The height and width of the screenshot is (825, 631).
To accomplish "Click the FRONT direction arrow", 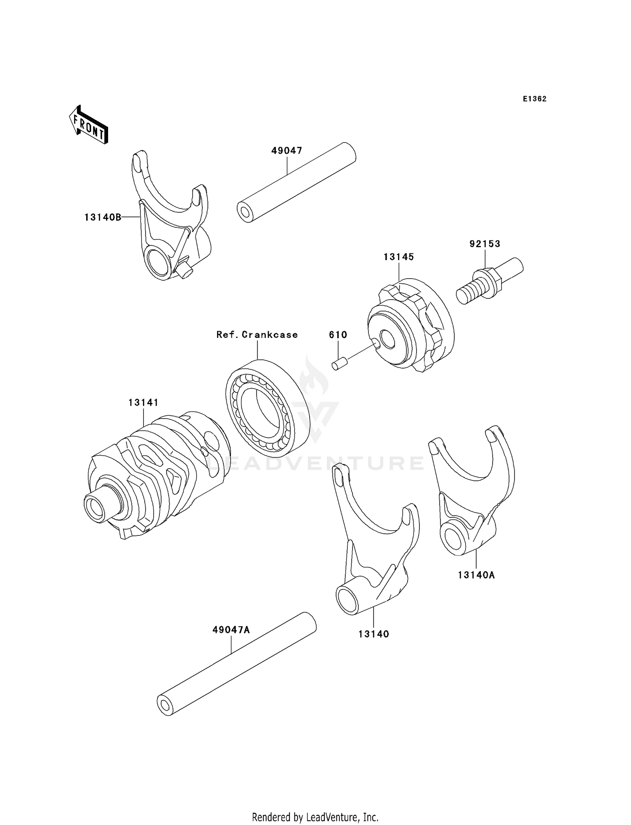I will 88,125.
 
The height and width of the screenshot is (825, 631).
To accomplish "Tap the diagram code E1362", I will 534,99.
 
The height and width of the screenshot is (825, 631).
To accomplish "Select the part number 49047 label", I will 286,150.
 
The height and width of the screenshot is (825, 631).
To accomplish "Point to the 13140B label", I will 103,217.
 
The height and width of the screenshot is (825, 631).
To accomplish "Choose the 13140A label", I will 476,575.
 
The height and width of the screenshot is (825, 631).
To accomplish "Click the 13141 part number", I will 143,402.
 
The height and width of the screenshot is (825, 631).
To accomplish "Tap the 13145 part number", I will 398,256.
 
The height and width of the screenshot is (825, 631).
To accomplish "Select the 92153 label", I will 485,244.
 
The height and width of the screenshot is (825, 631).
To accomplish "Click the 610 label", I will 338,335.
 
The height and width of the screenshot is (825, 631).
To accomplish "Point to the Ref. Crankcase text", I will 257,335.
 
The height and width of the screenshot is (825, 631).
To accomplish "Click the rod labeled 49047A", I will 236,664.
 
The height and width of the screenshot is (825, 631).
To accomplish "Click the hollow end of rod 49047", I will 244,211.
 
